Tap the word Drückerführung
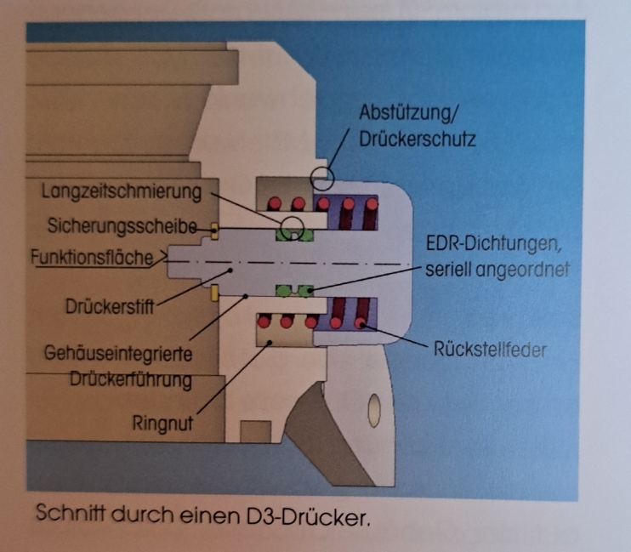[x=130, y=379]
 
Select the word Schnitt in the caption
[x=62, y=516]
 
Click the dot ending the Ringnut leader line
[x=269, y=343]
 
